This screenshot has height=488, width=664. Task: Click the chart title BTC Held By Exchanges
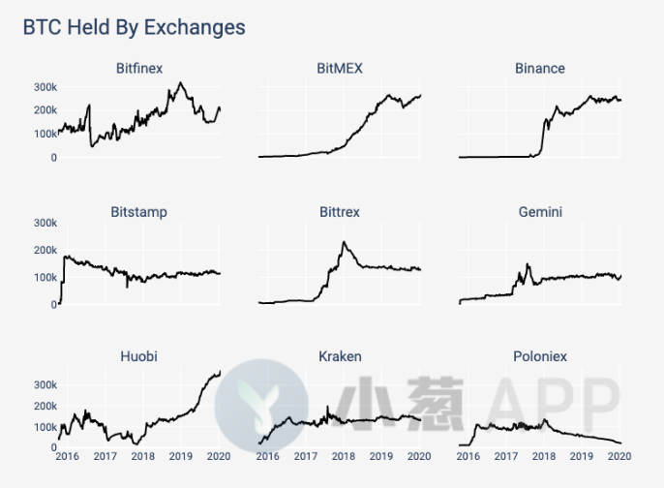pyautogui.click(x=134, y=27)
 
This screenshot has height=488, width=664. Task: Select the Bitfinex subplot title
pyautogui.click(x=139, y=69)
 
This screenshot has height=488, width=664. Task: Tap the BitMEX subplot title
pyautogui.click(x=340, y=69)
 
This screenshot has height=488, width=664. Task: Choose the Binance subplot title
pyautogui.click(x=540, y=69)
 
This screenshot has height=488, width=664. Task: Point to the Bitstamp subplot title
pyautogui.click(x=139, y=212)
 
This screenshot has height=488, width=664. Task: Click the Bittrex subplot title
pyautogui.click(x=341, y=212)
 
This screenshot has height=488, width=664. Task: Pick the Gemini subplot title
pyautogui.click(x=540, y=212)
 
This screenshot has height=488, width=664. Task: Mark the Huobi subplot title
pyautogui.click(x=139, y=356)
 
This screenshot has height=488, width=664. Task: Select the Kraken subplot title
pyautogui.click(x=340, y=356)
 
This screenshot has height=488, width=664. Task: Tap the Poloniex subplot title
pyautogui.click(x=540, y=356)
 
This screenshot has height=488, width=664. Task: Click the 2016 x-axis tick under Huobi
pyautogui.click(x=68, y=456)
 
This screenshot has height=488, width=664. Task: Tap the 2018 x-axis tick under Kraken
pyautogui.click(x=343, y=456)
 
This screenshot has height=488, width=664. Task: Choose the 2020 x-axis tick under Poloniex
pyautogui.click(x=619, y=456)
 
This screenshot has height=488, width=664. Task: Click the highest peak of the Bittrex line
pyautogui.click(x=344, y=242)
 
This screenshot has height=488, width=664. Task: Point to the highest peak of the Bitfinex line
pyautogui.click(x=180, y=83)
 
